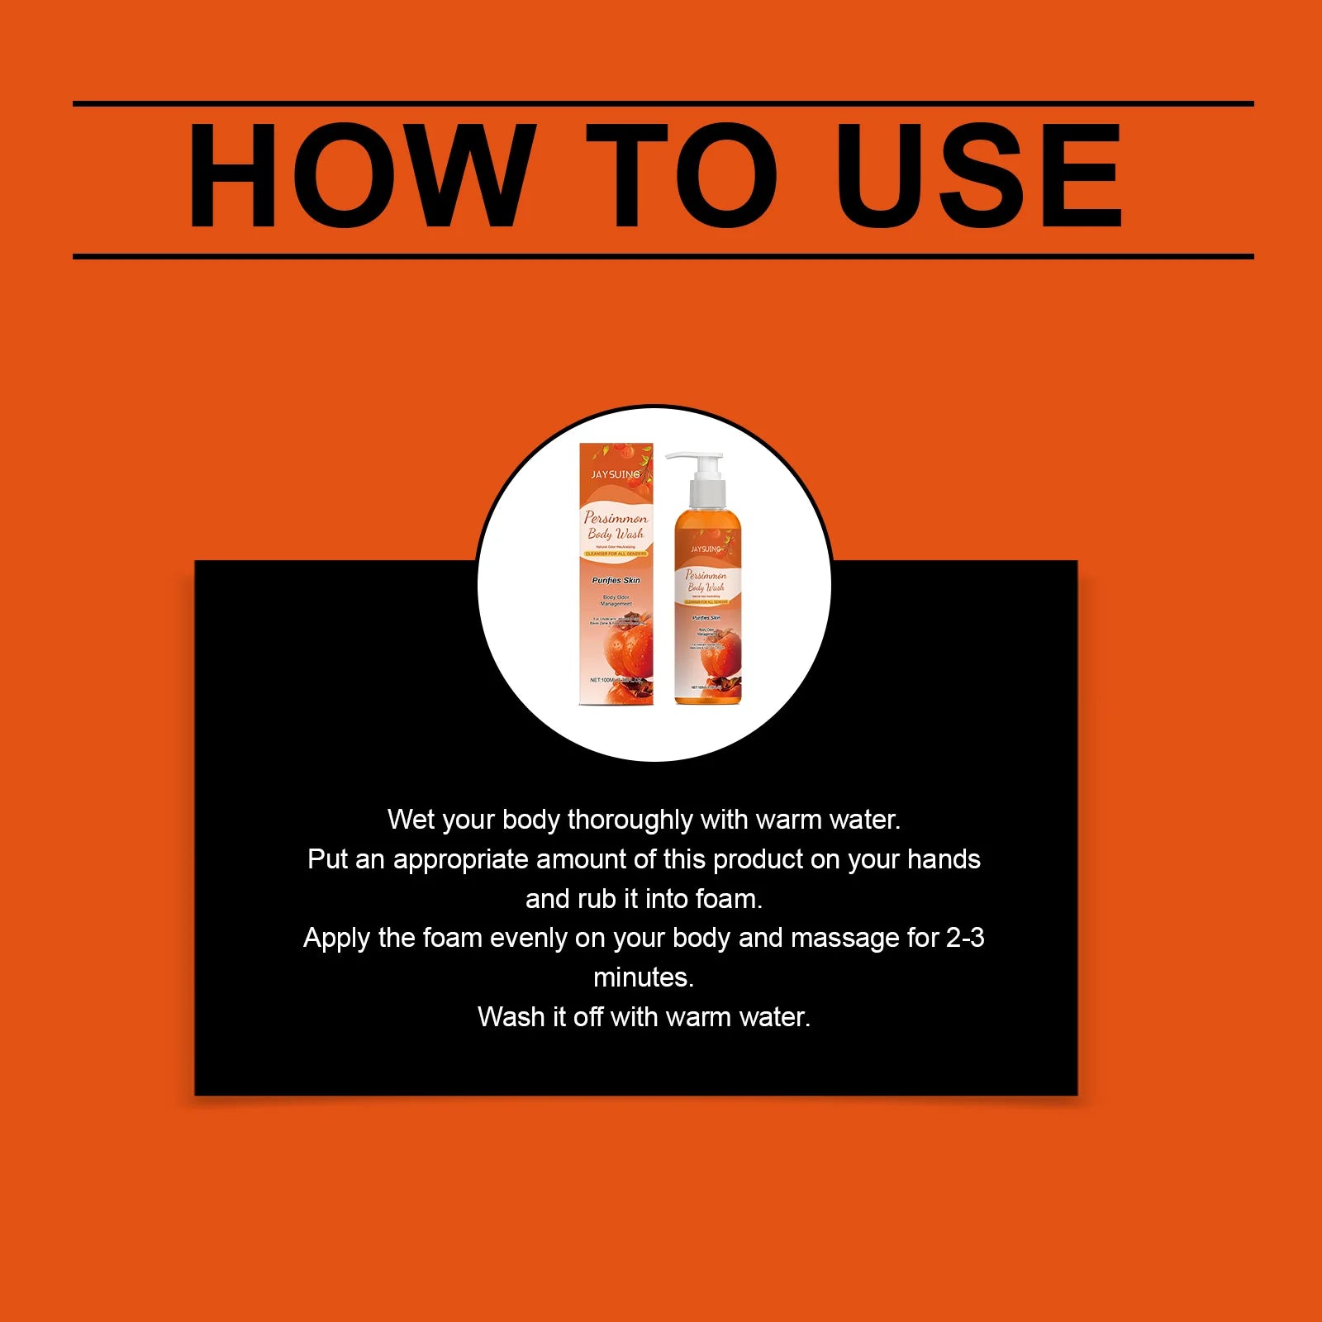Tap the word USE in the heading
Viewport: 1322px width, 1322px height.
[978, 175]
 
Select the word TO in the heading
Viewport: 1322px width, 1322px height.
[682, 175]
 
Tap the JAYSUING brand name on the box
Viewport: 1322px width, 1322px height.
[615, 474]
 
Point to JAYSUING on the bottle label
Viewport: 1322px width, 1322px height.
[706, 549]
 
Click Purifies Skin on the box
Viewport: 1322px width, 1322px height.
[616, 580]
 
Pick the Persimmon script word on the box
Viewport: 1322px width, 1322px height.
[616, 518]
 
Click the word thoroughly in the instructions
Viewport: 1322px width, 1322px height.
[630, 820]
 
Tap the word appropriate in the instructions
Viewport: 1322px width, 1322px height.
[460, 859]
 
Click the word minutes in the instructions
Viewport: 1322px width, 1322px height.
[644, 977]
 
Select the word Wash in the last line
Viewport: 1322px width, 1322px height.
[511, 1016]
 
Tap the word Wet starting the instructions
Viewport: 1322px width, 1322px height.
[411, 820]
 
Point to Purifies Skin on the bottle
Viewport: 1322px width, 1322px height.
[706, 618]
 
